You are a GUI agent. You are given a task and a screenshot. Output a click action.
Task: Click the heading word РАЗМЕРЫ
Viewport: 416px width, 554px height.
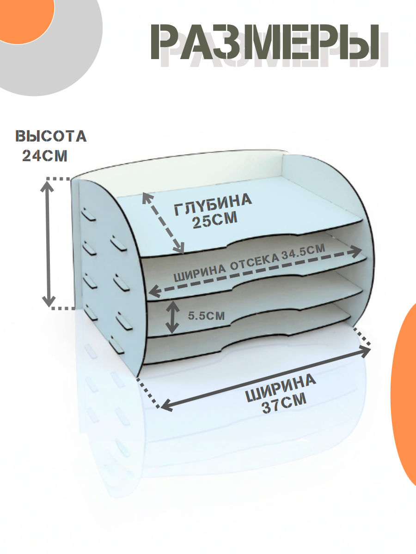pyautogui.click(x=265, y=42)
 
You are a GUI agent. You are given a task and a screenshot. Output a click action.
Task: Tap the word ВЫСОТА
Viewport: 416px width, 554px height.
pyautogui.click(x=51, y=137)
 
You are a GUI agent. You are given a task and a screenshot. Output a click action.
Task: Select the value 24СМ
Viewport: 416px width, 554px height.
pyautogui.click(x=45, y=156)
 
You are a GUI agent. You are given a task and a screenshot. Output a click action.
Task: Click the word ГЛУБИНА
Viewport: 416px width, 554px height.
pyautogui.click(x=213, y=205)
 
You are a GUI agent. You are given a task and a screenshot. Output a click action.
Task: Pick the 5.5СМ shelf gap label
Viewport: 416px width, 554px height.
pyautogui.click(x=206, y=316)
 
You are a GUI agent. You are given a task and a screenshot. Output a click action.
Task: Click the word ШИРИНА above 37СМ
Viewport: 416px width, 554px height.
pyautogui.click(x=281, y=389)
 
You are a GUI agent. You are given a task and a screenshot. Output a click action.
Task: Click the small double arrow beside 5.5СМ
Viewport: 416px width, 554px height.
pyautogui.click(x=172, y=317)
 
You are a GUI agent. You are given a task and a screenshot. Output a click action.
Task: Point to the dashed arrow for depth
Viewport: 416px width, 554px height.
pyautogui.click(x=163, y=223)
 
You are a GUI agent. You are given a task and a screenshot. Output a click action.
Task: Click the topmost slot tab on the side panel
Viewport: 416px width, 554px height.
pyautogui.click(x=88, y=215)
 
